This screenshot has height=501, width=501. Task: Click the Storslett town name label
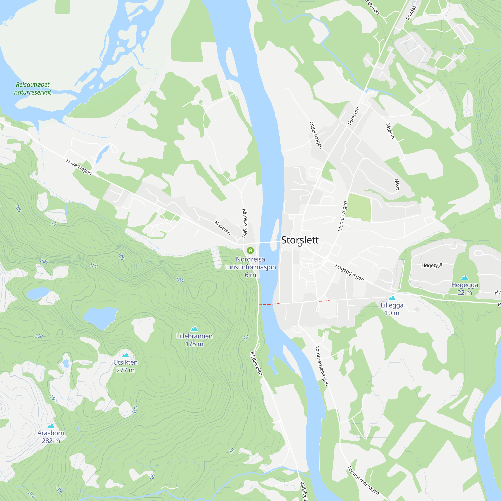point(300,240)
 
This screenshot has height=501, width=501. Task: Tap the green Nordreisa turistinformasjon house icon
point(250,250)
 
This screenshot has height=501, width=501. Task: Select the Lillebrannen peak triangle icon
point(194,329)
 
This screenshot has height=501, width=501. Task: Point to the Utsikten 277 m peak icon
point(126,355)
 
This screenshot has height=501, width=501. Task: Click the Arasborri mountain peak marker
point(51,426)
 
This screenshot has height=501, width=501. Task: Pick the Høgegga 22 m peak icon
point(465,278)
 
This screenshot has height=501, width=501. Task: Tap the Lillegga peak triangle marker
point(392,298)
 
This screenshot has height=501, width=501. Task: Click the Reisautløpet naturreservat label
point(32,88)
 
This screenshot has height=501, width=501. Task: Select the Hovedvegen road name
point(79,167)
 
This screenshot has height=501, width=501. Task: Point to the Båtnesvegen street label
point(244,223)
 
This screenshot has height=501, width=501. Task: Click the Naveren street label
point(222,228)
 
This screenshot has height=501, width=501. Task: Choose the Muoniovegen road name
point(342,216)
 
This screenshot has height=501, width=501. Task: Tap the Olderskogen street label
point(316,135)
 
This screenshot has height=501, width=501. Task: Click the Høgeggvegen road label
point(349,272)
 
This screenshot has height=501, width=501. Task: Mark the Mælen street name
point(390,131)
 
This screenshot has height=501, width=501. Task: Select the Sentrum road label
point(353,116)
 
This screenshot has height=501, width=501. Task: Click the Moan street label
point(397,184)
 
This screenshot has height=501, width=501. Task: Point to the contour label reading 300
point(39,336)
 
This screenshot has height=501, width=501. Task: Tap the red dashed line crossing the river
point(269,304)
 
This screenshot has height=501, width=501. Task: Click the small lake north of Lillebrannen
point(101,317)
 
